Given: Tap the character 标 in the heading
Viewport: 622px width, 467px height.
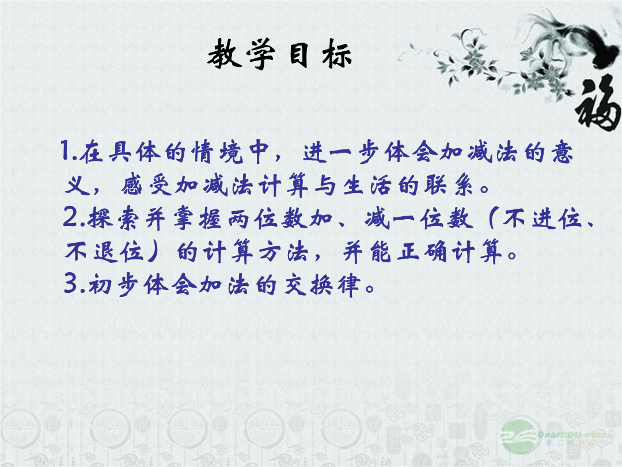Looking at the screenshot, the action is pyautogui.click(x=336, y=55).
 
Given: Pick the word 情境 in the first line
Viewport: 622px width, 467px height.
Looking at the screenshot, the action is pyautogui.click(x=217, y=152).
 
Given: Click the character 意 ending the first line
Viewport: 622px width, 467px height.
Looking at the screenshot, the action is pyautogui.click(x=562, y=152).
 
